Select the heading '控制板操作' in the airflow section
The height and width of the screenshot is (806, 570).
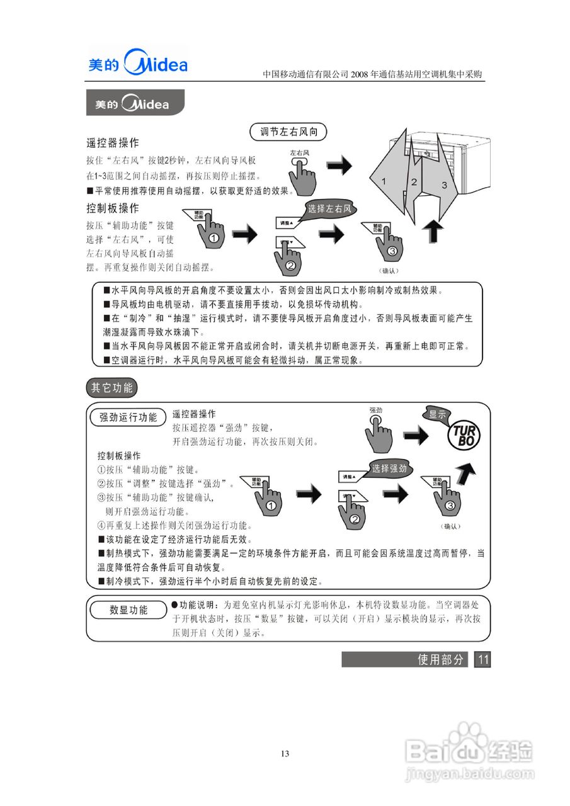(112, 208)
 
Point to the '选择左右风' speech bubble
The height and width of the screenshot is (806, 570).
(328, 210)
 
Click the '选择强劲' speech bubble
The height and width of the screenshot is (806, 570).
(389, 468)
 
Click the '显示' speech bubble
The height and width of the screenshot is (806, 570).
(437, 414)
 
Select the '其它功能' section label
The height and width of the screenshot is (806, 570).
(111, 387)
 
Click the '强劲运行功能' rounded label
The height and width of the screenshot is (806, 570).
(128, 417)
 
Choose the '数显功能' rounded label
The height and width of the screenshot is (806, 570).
(128, 610)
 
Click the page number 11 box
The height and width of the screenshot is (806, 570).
(482, 659)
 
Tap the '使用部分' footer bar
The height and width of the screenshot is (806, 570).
(405, 659)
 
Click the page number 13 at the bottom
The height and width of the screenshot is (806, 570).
(285, 754)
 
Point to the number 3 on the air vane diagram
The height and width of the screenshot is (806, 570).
(443, 184)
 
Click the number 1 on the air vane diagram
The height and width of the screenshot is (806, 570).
(384, 181)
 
